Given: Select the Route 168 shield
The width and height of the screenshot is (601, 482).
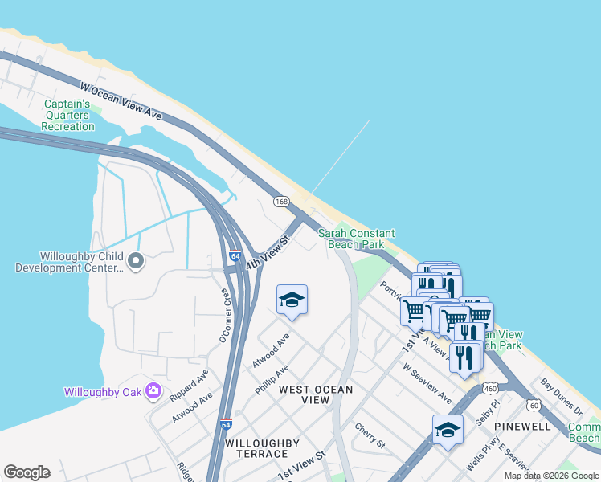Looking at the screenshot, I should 280,201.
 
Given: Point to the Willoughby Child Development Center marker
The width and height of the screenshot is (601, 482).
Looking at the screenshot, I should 136,259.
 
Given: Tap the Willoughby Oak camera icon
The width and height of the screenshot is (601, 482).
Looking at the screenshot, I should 153,392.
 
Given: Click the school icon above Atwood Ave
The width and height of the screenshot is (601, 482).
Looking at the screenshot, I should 292,300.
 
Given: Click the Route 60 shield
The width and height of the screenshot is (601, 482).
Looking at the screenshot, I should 534,404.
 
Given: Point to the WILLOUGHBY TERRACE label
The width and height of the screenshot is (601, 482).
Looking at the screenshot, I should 262,448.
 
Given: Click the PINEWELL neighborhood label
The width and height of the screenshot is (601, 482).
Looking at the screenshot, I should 523,427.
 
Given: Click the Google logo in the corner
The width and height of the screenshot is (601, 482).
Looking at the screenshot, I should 27,472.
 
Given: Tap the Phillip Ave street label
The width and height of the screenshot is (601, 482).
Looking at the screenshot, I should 271,378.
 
